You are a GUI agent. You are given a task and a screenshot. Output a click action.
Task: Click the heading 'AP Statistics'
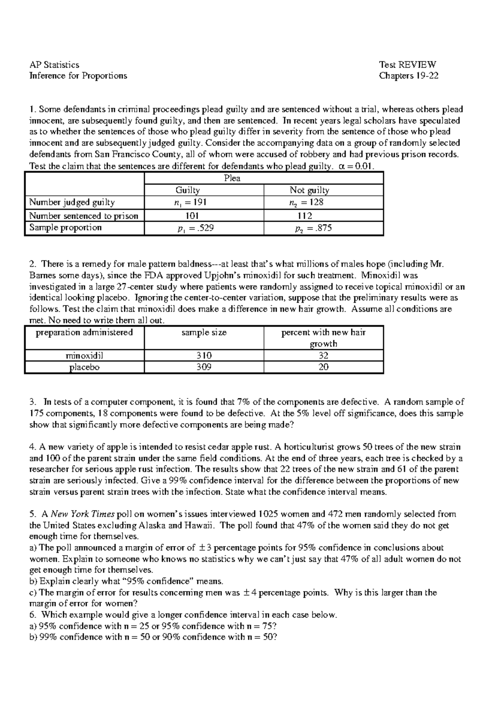[x=54, y=64]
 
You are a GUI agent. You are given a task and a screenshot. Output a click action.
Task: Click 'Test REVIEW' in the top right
[x=408, y=64]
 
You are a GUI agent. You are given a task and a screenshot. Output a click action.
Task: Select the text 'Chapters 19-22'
[x=408, y=76]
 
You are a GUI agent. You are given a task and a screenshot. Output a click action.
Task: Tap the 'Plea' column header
[x=232, y=178]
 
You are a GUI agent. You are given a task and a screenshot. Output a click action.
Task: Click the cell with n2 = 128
[x=306, y=202]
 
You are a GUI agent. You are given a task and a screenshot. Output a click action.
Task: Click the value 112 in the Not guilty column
[x=304, y=216]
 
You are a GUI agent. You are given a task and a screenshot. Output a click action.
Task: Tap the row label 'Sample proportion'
[x=65, y=227]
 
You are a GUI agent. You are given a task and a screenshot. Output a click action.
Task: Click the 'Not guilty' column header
[x=309, y=190]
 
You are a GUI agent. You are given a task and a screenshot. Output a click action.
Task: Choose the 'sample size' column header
[x=204, y=333]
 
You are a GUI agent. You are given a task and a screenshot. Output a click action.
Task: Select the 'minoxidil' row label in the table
[x=85, y=355]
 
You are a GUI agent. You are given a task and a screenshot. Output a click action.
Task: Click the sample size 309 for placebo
[x=204, y=367]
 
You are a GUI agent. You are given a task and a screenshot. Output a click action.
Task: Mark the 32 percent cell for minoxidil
[x=323, y=355]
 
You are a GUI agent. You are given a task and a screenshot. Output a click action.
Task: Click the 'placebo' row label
[x=85, y=367]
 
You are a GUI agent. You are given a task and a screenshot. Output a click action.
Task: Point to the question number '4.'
[x=33, y=447]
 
